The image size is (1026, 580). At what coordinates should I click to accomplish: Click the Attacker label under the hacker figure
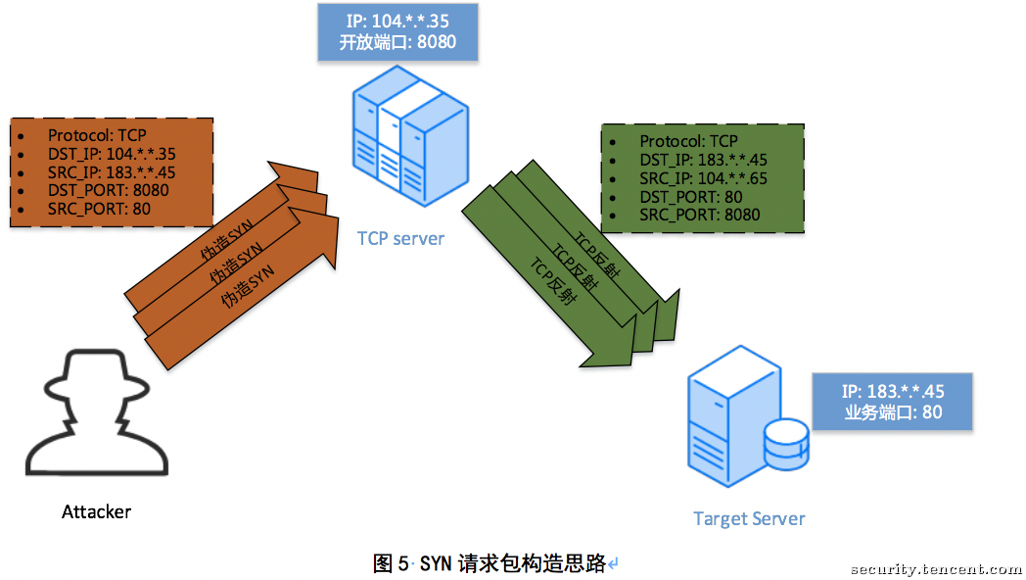pos(96,511)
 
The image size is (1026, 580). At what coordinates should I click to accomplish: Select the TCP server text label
pos(400,238)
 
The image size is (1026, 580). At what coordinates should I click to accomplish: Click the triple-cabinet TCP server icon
pos(410,136)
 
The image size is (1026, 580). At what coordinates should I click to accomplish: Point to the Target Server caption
pos(749,519)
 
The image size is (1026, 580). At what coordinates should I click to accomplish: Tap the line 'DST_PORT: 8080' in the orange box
pos(108,190)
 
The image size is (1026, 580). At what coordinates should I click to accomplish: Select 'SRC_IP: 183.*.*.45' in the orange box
pos(112,172)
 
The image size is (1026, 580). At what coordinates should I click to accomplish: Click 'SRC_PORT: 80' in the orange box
pos(99,209)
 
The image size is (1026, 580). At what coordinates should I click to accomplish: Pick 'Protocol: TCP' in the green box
pos(688,141)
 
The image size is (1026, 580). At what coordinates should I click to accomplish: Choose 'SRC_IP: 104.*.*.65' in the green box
pos(703,178)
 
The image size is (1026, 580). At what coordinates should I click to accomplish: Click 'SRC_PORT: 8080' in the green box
pos(699,215)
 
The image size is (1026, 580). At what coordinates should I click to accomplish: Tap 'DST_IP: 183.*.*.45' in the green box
pos(703,160)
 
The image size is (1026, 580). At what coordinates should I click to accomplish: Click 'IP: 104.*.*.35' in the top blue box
pos(397,22)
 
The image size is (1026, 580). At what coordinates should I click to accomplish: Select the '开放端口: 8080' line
pos(397,42)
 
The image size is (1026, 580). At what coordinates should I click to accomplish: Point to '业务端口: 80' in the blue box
pos(893,411)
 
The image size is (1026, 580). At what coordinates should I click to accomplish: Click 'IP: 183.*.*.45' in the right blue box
pos(893,392)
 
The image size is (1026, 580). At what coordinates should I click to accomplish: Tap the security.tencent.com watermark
pos(937,569)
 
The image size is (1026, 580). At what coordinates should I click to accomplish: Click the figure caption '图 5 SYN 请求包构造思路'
pos(490,563)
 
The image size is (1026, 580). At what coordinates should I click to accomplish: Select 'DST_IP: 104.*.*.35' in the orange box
pos(112,154)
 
